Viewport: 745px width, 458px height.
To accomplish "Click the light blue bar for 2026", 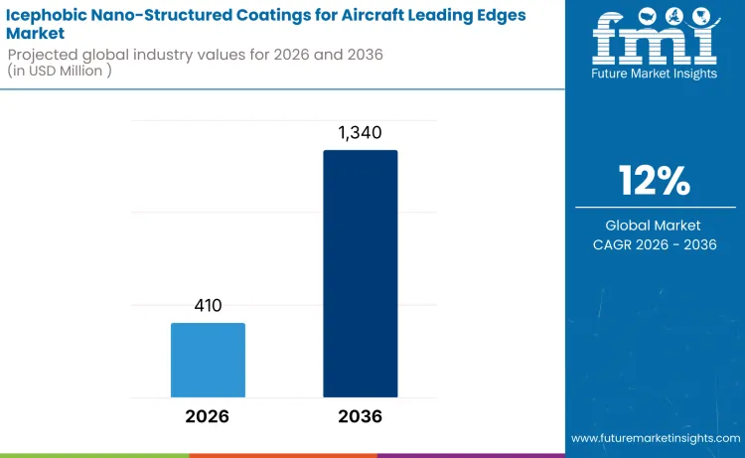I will tap(208, 360).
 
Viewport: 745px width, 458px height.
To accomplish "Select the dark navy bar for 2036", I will tap(360, 274).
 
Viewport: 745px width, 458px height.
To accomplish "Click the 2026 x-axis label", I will tap(208, 416).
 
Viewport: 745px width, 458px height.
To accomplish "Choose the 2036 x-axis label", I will tap(360, 416).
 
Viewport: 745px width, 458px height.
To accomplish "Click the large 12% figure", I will tap(655, 181).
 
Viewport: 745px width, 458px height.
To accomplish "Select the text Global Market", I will tap(655, 226).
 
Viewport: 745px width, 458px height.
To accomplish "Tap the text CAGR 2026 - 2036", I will tap(655, 244).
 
